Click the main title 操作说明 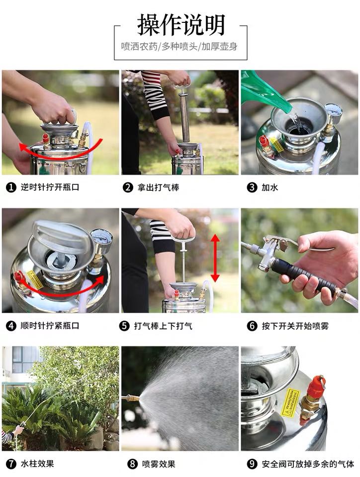(x=181, y=25)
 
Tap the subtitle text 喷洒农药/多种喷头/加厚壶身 (x=179, y=47)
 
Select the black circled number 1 (x=11, y=187)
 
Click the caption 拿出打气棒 (x=158, y=187)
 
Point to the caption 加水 (x=270, y=187)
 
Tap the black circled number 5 (x=124, y=326)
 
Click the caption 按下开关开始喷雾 (x=295, y=326)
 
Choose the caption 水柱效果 (x=37, y=464)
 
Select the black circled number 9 (x=252, y=464)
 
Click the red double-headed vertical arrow (x=215, y=258)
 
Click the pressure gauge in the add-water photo (x=333, y=111)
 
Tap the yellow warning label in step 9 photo (x=290, y=402)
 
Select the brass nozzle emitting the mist (x=131, y=398)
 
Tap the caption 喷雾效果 (x=159, y=464)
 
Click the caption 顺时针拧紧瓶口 (x=50, y=326)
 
